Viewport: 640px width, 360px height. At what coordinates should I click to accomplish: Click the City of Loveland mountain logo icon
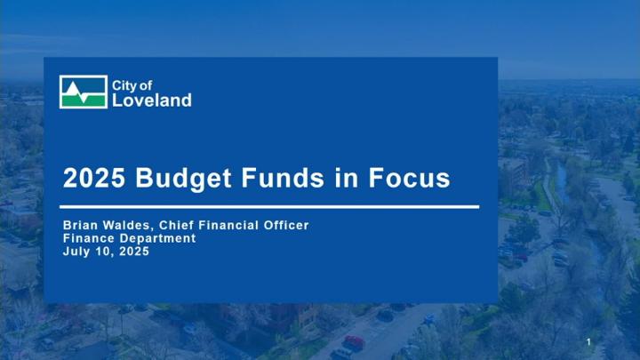coord(84,92)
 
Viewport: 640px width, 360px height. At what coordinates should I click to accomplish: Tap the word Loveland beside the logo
coord(152,100)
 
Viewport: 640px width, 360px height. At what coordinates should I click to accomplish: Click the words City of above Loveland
coord(132,85)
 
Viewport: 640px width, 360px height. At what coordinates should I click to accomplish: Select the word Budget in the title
coord(183,178)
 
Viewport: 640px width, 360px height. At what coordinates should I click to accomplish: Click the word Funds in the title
coord(283,178)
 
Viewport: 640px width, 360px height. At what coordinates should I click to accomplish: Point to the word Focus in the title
coord(409,178)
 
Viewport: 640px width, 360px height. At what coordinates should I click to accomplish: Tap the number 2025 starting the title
coord(94,178)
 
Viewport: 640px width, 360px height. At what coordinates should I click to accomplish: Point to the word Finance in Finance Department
coord(89,238)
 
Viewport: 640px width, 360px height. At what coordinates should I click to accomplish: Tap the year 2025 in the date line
coord(134,251)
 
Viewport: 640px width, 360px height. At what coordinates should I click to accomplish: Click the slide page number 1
coord(588,342)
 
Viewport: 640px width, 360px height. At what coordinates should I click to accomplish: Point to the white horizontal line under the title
coord(269,207)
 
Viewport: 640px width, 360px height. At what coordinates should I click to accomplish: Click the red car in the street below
coord(354,342)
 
